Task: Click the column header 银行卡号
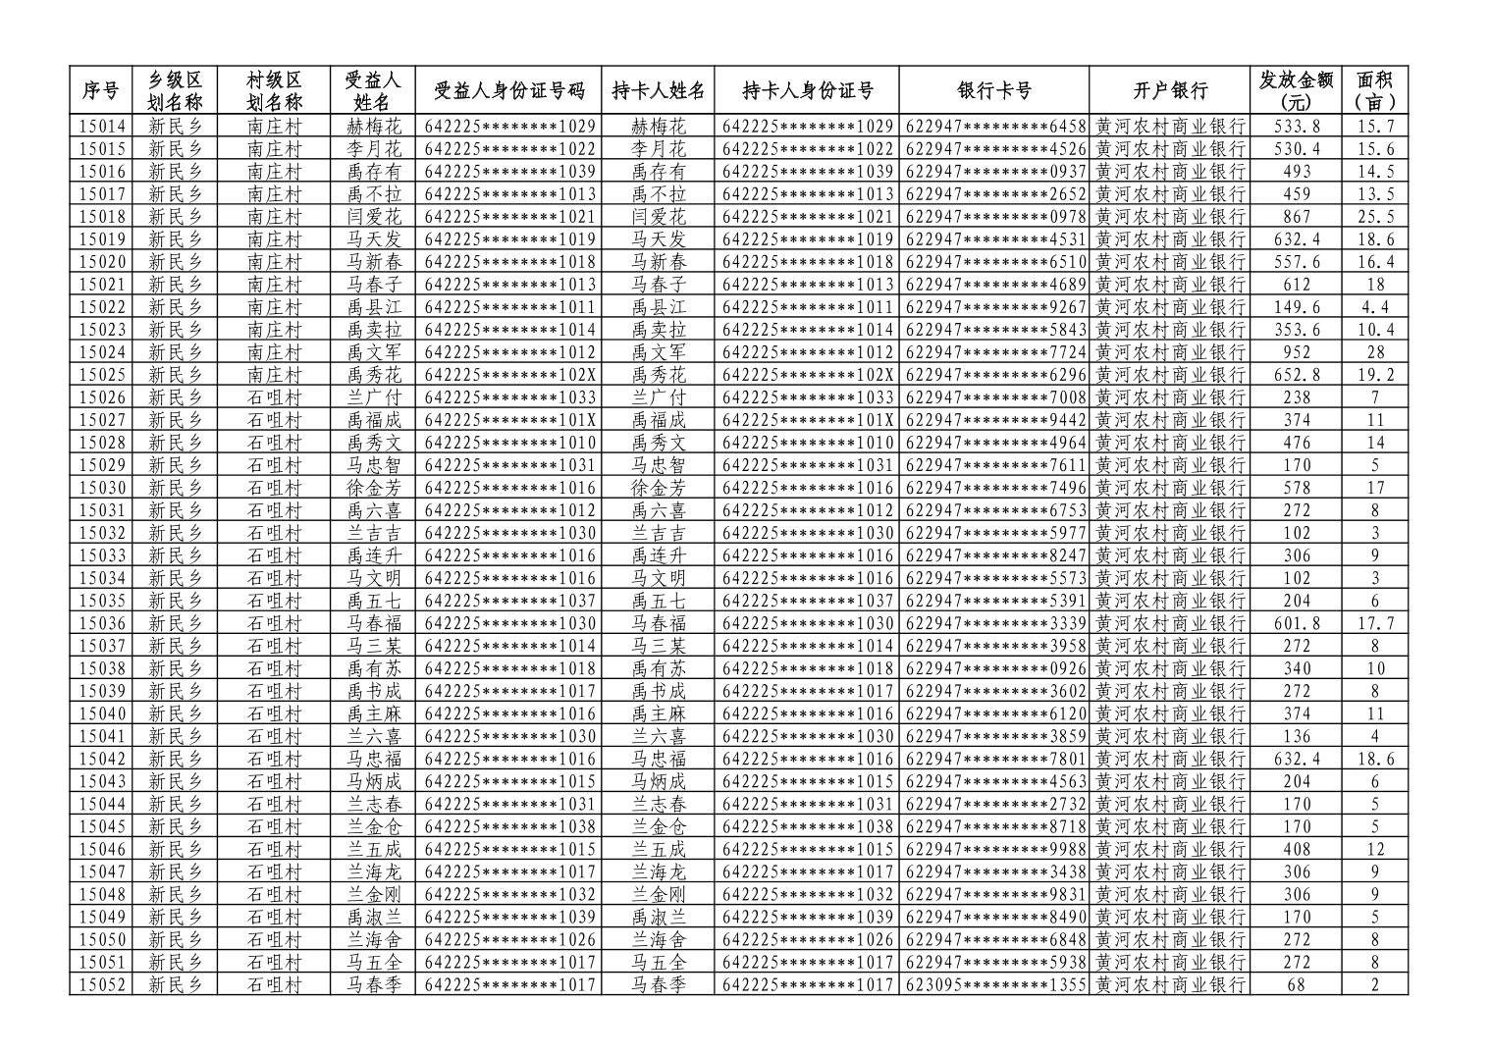coord(993,91)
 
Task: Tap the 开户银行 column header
coord(1169,91)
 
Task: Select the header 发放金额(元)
coord(1296,91)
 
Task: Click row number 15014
coord(102,127)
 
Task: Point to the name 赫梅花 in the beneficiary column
coord(373,127)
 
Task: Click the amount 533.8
coord(1296,127)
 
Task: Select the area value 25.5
coord(1375,217)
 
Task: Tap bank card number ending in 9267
coord(995,307)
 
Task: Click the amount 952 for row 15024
coord(1296,352)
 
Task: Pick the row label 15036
coord(102,623)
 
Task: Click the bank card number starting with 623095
coord(995,984)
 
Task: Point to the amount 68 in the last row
coord(1296,984)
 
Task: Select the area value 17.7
coord(1375,623)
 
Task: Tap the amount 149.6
coord(1296,307)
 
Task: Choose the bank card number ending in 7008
coord(995,397)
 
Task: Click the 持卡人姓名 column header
coord(658,91)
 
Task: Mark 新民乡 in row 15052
coord(175,984)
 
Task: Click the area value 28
coord(1375,352)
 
